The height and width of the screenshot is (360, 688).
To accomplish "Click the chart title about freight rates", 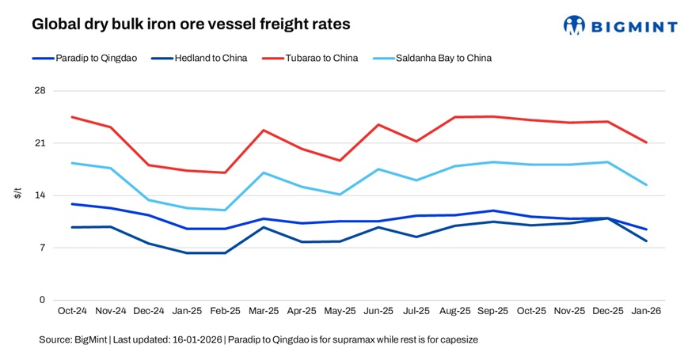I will pos(191,25).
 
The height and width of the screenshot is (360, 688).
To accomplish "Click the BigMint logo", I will pos(620,25).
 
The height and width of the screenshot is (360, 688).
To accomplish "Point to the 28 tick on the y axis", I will pos(40,91).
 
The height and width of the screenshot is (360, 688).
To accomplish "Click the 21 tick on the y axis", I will pos(40,143).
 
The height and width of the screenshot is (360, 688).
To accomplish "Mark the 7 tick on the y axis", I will pos(43,248).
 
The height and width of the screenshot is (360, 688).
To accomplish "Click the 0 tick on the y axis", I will pos(43,300).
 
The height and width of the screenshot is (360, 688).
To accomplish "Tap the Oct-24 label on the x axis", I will pos(72,312).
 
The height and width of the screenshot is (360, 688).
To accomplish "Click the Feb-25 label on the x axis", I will pos(225,312).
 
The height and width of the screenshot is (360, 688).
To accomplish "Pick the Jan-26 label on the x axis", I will pos(646,312).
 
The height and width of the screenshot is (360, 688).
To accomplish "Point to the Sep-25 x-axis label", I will pos(492,312).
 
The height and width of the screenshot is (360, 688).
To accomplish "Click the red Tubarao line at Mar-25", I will pos(264,131).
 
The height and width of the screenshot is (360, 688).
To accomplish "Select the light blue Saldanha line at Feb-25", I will pos(225,210).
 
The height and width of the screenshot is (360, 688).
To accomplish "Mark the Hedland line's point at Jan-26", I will pos(646,241).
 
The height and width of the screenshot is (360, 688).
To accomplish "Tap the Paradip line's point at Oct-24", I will pos(72,204).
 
